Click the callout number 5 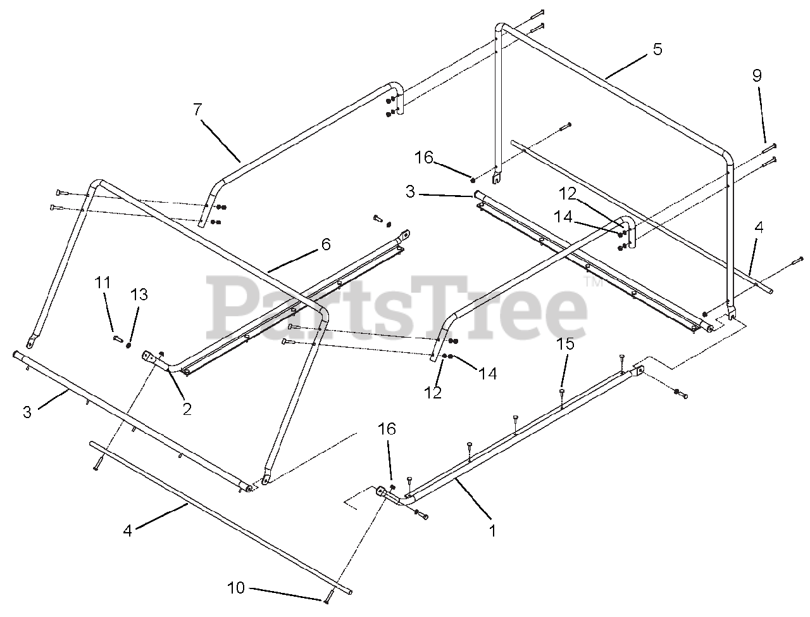pyautogui.click(x=657, y=49)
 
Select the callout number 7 pyautogui.click(x=197, y=110)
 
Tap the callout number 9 pyautogui.click(x=757, y=75)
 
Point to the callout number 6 pyautogui.click(x=326, y=245)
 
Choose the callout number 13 pyautogui.click(x=139, y=295)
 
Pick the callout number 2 pyautogui.click(x=187, y=409)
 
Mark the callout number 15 pyautogui.click(x=565, y=344)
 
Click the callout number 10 pyautogui.click(x=236, y=588)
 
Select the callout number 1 pyautogui.click(x=492, y=531)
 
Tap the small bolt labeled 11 pyautogui.click(x=118, y=338)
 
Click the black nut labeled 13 pyautogui.click(x=129, y=345)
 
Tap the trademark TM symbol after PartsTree pyautogui.click(x=593, y=283)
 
